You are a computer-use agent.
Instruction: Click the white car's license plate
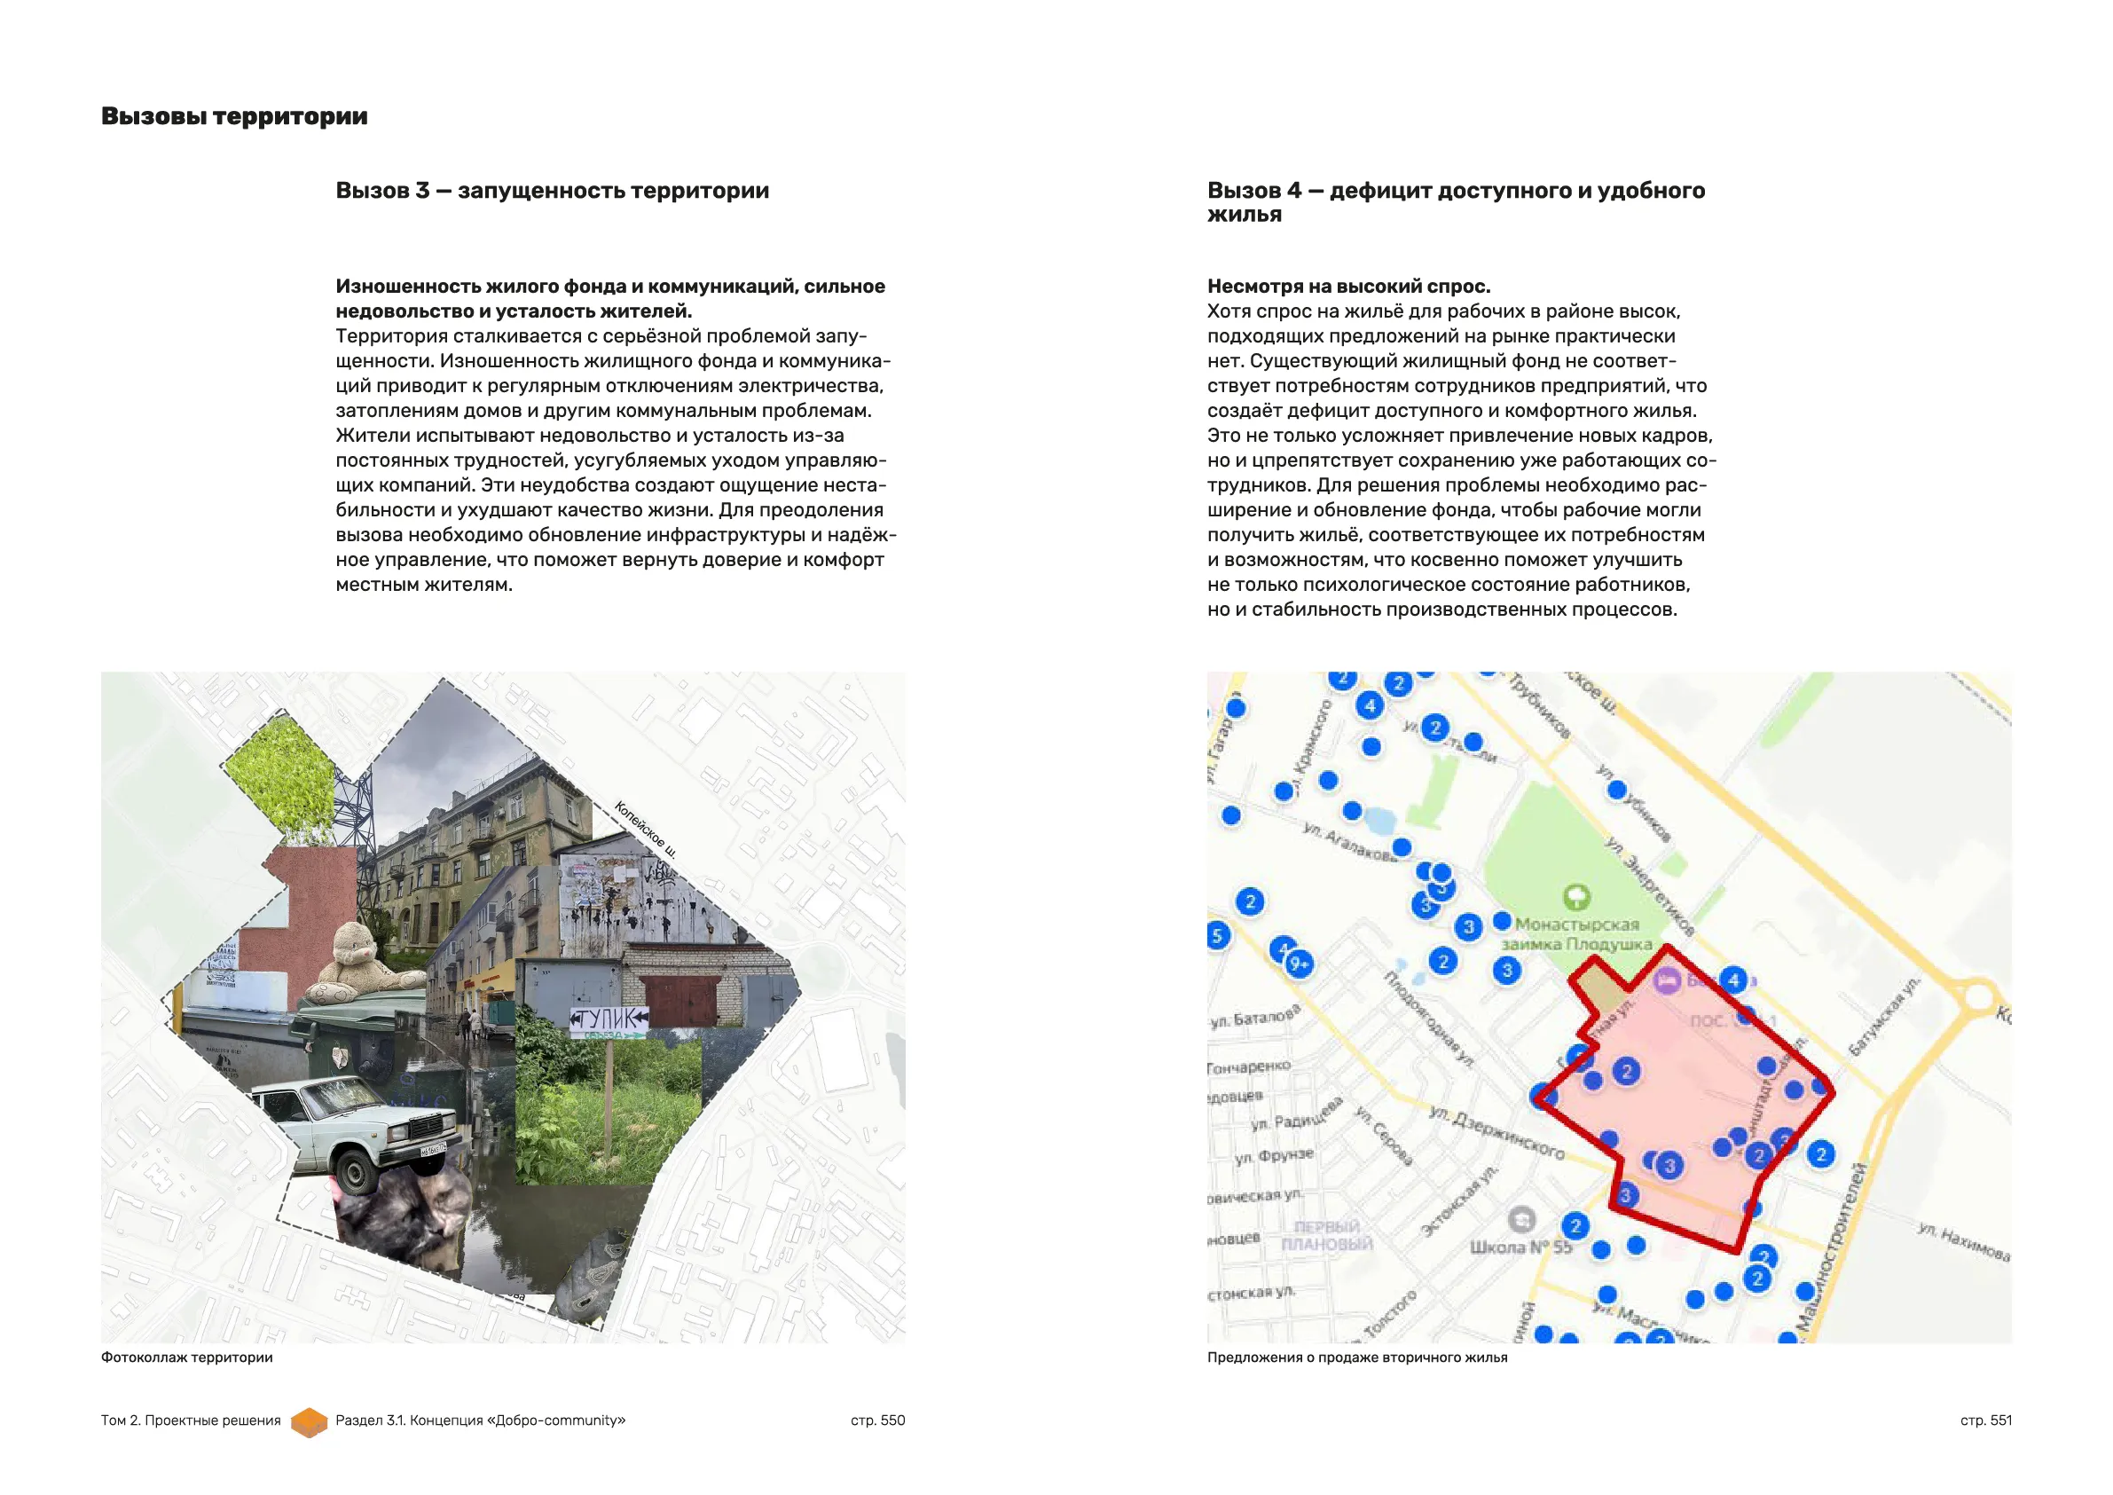coord(433,1149)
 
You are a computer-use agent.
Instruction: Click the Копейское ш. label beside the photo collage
coord(646,830)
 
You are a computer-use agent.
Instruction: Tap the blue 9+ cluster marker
coord(1299,964)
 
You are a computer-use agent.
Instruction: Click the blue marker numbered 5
coord(1218,936)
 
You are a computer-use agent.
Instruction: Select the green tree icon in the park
coord(1576,896)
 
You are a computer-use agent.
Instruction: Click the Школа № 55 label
coord(1520,1247)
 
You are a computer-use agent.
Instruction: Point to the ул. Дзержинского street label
coord(1496,1131)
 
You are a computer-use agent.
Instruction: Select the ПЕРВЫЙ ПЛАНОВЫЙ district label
coord(1327,1235)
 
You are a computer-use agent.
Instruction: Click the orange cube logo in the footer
coord(310,1421)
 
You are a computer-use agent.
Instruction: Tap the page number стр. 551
coord(1985,1420)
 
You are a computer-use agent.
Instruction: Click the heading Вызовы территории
coord(234,116)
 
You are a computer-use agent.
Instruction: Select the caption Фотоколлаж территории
coord(187,1357)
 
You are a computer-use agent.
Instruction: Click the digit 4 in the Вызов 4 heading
coord(1294,191)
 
